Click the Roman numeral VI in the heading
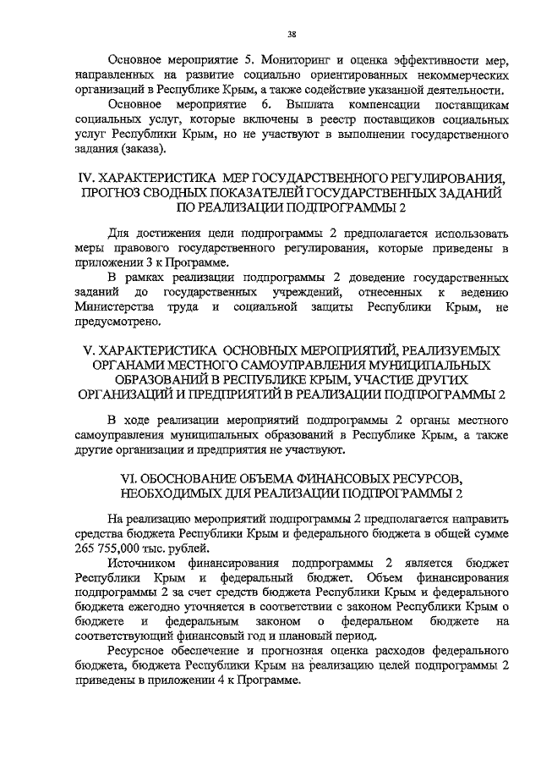[131, 477]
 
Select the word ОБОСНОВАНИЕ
[203, 477]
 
